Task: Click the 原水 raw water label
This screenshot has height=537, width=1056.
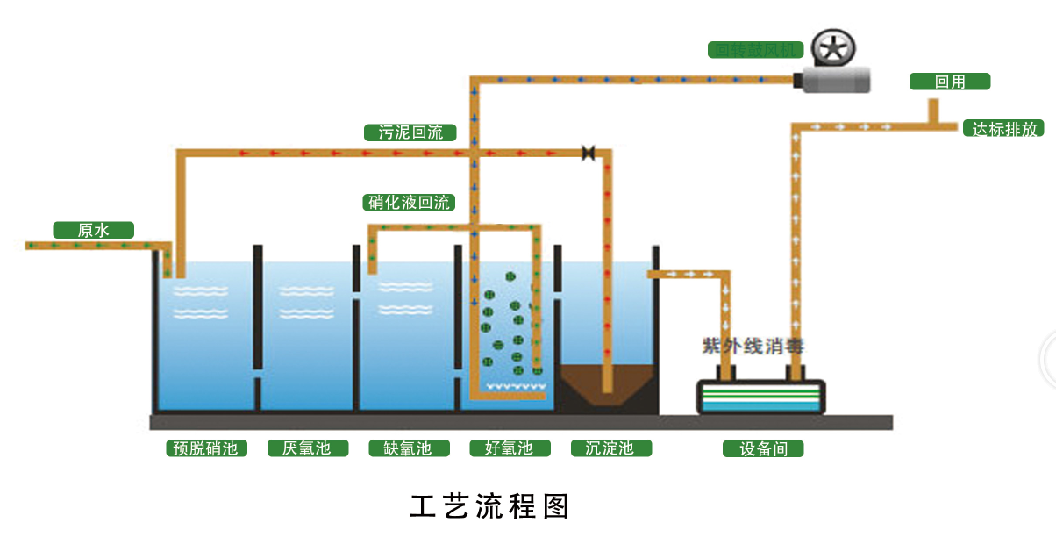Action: click(x=93, y=231)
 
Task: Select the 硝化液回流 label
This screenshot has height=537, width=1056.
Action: click(x=409, y=203)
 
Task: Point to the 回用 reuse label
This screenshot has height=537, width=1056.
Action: click(x=949, y=82)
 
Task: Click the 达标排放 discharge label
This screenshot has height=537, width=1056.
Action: click(x=1004, y=129)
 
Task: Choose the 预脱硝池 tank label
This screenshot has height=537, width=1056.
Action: click(x=206, y=448)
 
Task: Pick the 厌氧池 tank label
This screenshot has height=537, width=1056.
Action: click(x=306, y=448)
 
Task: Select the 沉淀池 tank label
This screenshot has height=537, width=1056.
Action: click(x=609, y=448)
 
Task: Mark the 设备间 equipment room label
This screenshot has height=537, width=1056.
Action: click(x=763, y=449)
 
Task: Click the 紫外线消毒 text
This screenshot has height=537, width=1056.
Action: click(x=752, y=346)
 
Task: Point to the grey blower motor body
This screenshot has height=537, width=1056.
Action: click(x=838, y=81)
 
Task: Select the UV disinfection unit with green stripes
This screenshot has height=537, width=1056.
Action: click(x=760, y=397)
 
